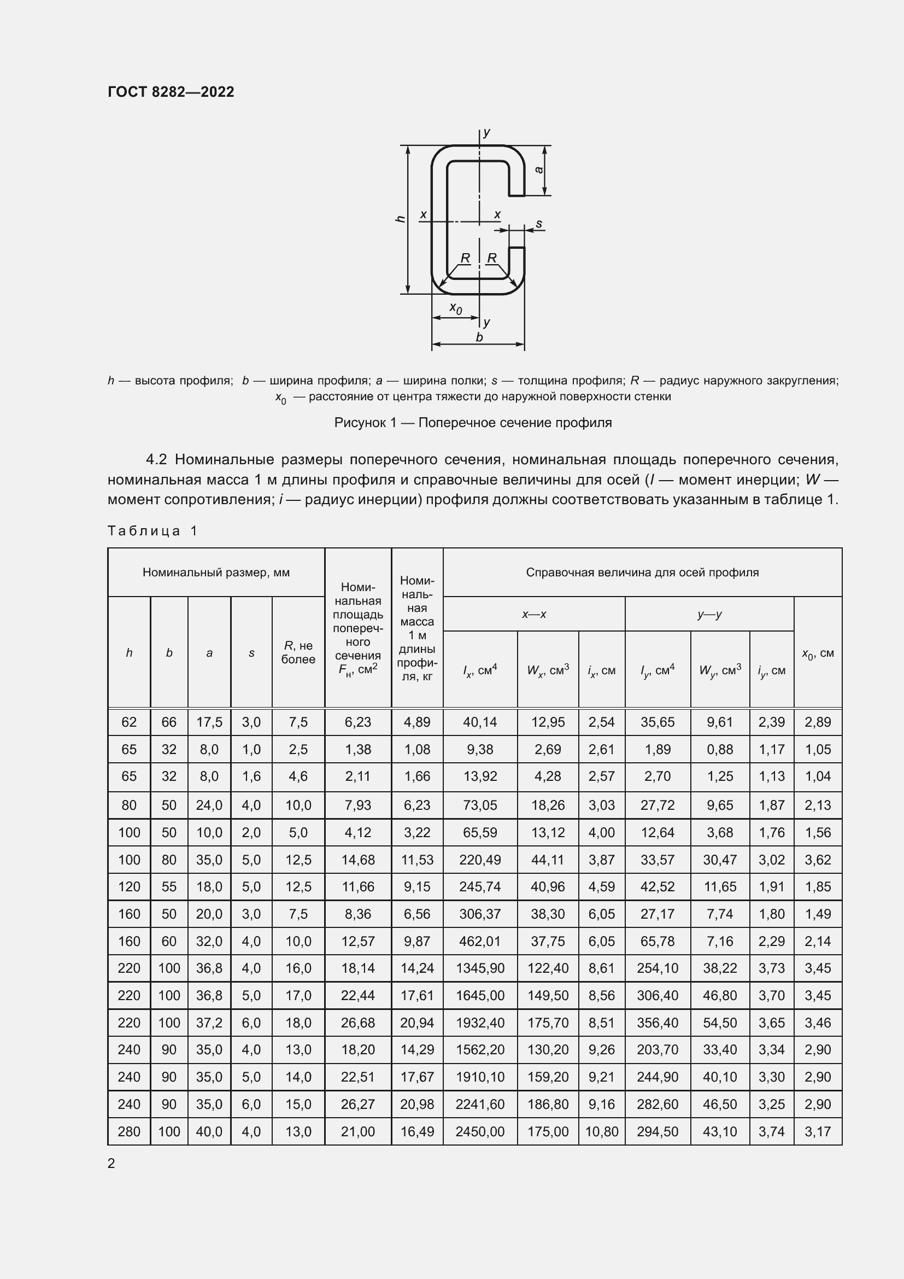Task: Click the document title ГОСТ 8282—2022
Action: point(171,92)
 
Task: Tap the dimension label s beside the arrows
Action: point(539,224)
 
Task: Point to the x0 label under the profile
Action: point(455,308)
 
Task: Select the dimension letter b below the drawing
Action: point(479,337)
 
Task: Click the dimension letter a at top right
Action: point(539,170)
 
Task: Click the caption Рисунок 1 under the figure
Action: point(473,423)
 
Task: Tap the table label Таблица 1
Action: point(152,531)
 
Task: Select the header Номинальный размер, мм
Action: point(216,573)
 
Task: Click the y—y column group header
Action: point(709,615)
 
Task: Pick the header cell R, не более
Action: point(298,652)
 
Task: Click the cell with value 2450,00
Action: point(480,1131)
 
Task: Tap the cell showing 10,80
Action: point(602,1131)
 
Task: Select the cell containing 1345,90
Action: point(480,968)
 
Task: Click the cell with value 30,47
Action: point(720,860)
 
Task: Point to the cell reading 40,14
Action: point(480,722)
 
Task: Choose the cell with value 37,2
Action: point(209,1023)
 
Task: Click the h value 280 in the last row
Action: point(128,1131)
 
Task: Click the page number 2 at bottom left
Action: point(111,1164)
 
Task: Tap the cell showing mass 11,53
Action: point(417,860)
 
